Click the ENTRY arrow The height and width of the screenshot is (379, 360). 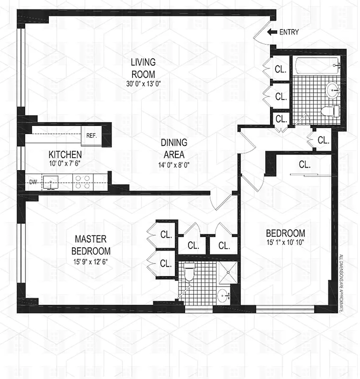click(272, 32)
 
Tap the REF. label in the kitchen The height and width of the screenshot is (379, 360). click(91, 135)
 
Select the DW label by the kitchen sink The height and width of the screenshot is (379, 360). click(33, 181)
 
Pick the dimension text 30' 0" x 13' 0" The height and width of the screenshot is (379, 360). click(143, 83)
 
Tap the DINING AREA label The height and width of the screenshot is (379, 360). click(174, 148)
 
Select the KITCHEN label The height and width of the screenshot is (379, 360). click(65, 154)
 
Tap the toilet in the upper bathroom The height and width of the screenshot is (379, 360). click(330, 111)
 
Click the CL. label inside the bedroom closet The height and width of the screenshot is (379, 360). click(305, 165)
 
